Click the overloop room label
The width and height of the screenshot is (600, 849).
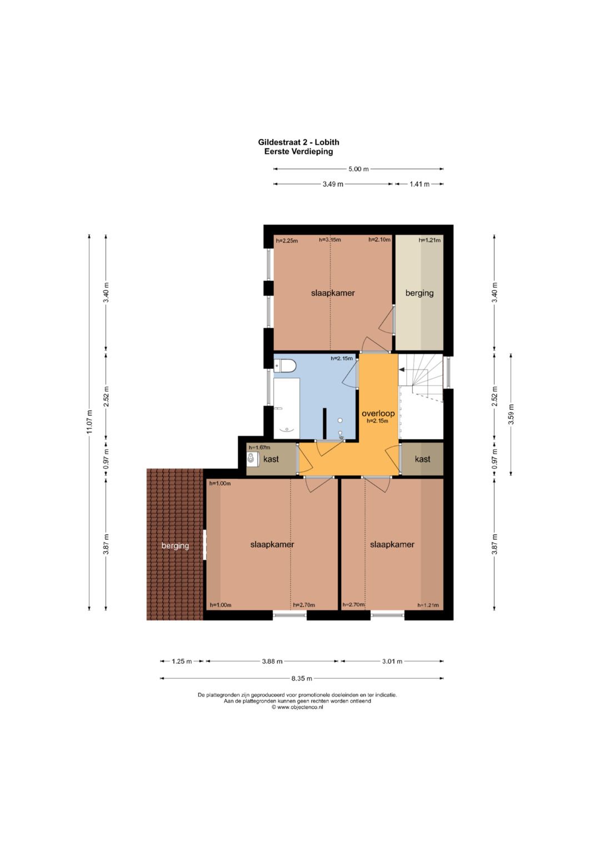tap(378, 414)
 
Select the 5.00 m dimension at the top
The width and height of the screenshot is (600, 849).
tap(358, 169)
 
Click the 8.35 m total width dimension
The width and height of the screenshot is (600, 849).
tap(302, 678)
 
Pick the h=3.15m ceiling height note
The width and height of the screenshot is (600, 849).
tap(329, 240)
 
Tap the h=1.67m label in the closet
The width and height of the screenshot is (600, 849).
tap(259, 447)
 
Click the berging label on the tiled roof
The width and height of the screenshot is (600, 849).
tap(175, 545)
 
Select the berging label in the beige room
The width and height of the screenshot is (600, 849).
tap(419, 292)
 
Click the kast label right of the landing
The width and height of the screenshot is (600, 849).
tap(422, 459)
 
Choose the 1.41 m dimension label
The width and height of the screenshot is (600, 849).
tap(419, 184)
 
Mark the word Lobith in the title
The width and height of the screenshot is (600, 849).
tap(327, 142)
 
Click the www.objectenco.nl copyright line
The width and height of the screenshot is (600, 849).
tap(297, 707)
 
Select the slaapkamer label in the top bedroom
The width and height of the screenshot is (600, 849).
tap(333, 293)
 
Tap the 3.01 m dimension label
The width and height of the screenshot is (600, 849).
tap(392, 662)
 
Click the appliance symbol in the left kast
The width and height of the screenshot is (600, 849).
tap(251, 458)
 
